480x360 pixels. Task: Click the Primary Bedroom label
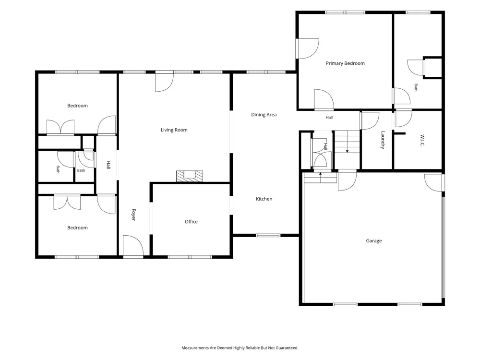tap(345, 63)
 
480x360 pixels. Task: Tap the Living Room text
tap(174, 130)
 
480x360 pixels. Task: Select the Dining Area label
tap(264, 115)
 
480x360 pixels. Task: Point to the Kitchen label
tap(264, 199)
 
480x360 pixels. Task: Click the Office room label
tap(191, 222)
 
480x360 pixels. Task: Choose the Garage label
tap(374, 241)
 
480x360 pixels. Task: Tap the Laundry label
tap(383, 140)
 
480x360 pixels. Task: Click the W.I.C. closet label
tap(422, 140)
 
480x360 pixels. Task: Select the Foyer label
tap(133, 214)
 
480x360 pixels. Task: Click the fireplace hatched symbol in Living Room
tap(190, 176)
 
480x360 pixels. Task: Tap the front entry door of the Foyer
tap(133, 246)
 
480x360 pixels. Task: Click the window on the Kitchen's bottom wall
tap(268, 235)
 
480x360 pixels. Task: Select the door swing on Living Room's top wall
tap(164, 82)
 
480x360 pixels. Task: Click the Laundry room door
tap(370, 120)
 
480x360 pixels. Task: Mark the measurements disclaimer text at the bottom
tap(240, 348)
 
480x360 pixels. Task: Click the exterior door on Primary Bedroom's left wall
tap(307, 48)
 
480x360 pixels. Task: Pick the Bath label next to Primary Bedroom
tap(416, 87)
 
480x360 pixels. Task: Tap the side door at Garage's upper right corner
tap(434, 183)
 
